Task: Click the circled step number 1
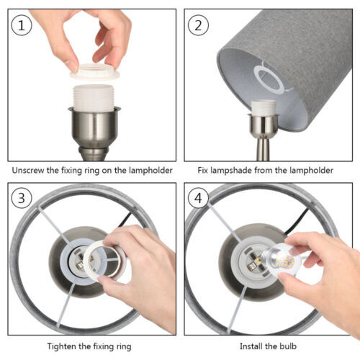click(22, 25)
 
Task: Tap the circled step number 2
click(198, 25)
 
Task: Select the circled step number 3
click(22, 198)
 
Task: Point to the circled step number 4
click(198, 198)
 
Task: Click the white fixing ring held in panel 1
click(94, 71)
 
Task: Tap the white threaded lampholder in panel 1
click(94, 98)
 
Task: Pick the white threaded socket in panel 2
click(264, 107)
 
